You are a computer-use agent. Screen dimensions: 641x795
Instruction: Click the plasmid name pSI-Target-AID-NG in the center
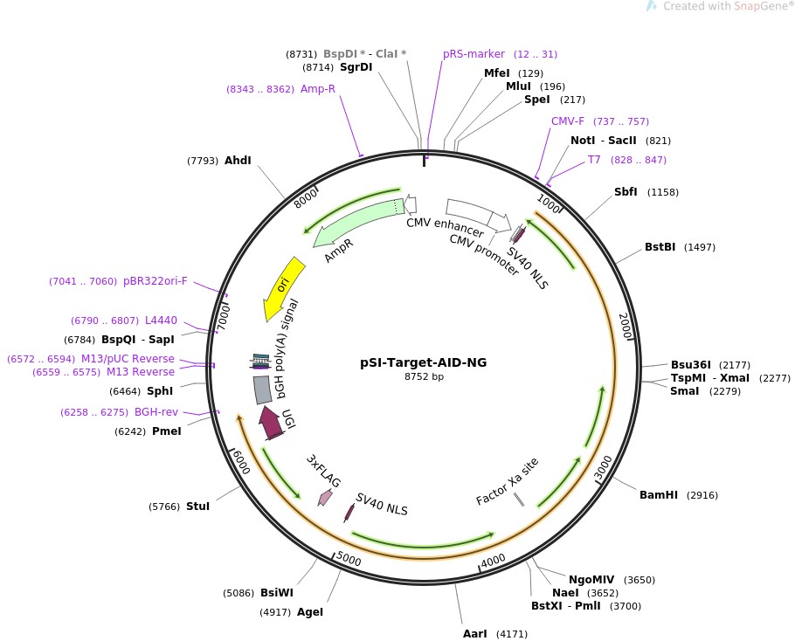pyautogui.click(x=424, y=362)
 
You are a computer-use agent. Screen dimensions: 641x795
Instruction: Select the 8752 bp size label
pyautogui.click(x=424, y=376)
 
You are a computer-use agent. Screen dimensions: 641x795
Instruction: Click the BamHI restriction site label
pyautogui.click(x=658, y=495)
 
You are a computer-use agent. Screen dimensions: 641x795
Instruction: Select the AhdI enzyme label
pyautogui.click(x=238, y=161)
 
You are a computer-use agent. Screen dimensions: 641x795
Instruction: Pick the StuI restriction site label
pyautogui.click(x=197, y=507)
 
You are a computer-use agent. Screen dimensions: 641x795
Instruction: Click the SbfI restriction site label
pyautogui.click(x=626, y=192)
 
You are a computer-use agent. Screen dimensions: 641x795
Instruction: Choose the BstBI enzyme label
pyautogui.click(x=660, y=247)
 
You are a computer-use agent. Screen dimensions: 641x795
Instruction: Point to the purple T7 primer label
pyautogui.click(x=594, y=160)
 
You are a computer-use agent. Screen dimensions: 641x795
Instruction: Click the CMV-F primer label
pyautogui.click(x=568, y=121)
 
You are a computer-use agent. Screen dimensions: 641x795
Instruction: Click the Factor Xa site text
pyautogui.click(x=507, y=481)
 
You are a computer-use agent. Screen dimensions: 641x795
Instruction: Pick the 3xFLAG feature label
pyautogui.click(x=323, y=470)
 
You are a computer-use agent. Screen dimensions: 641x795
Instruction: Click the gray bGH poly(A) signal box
pyautogui.click(x=262, y=389)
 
